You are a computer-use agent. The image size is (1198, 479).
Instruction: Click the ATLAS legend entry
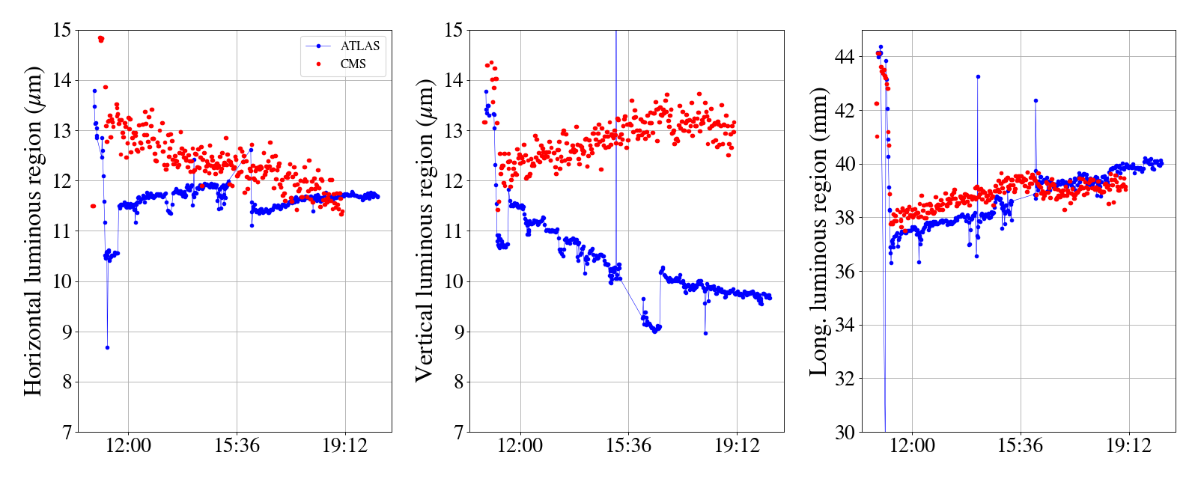(360, 46)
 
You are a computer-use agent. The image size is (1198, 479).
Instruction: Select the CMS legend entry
(353, 64)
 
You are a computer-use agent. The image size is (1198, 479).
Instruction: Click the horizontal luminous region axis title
(33, 231)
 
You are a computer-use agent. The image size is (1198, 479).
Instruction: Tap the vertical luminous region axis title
(425, 231)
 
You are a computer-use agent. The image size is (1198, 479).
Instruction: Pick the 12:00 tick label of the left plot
(128, 447)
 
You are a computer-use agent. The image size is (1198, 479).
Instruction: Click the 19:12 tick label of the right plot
(1128, 447)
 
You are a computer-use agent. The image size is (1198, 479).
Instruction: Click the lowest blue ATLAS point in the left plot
(107, 347)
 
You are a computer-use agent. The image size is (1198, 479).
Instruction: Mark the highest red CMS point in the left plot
(100, 38)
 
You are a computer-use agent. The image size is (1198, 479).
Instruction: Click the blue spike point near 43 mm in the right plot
(978, 76)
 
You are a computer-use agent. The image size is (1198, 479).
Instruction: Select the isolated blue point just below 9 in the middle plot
(705, 333)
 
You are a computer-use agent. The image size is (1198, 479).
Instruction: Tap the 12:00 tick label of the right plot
(913, 447)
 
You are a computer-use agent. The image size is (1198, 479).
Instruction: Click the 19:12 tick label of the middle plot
(736, 447)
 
